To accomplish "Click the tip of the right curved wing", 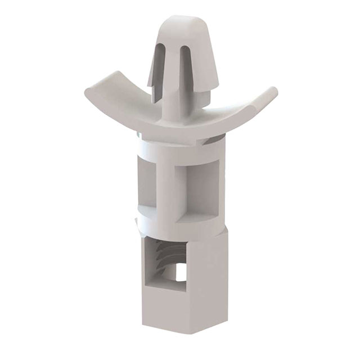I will [272, 91].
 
